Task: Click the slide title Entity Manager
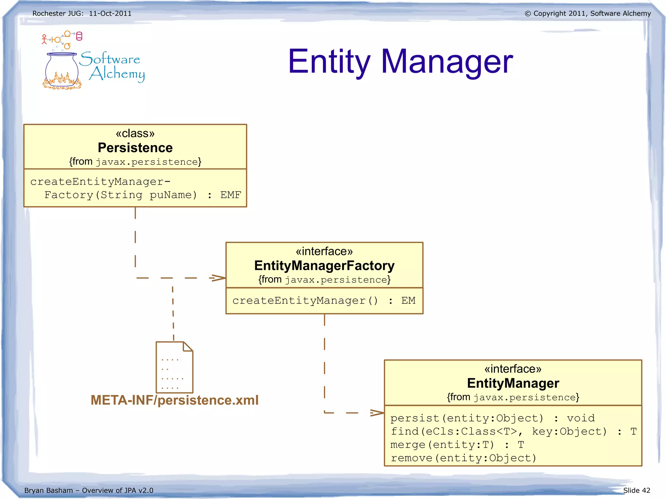pyautogui.click(x=400, y=62)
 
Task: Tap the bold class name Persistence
pyautogui.click(x=135, y=148)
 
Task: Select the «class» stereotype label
pyautogui.click(x=135, y=133)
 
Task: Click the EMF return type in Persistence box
pyautogui.click(x=231, y=195)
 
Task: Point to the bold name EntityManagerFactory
pyautogui.click(x=324, y=266)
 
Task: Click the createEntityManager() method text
pyautogui.click(x=305, y=301)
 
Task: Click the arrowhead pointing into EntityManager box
pyautogui.click(x=377, y=413)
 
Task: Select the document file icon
pyautogui.click(x=174, y=367)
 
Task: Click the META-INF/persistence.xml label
pyautogui.click(x=175, y=400)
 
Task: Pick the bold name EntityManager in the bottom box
pyautogui.click(x=513, y=383)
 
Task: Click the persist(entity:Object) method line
pyautogui.click(x=467, y=418)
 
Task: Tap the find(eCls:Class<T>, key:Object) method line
pyautogui.click(x=499, y=431)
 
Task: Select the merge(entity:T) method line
pyautogui.click(x=442, y=445)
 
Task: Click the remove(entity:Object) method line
pyautogui.click(x=463, y=458)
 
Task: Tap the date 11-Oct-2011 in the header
pyautogui.click(x=110, y=14)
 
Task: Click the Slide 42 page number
pyautogui.click(x=636, y=490)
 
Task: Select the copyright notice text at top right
pyautogui.click(x=588, y=14)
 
